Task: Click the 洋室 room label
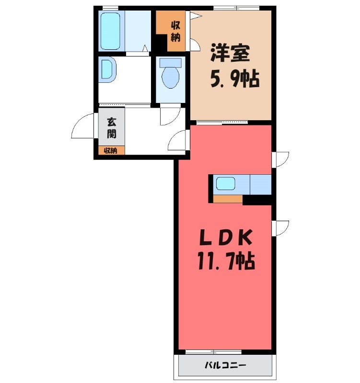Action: tap(230, 53)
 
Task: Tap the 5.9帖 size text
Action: tap(235, 79)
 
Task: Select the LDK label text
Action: tap(226, 238)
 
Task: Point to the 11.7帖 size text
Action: tap(226, 260)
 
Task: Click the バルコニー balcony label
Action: tap(225, 365)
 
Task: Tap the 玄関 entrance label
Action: tap(112, 128)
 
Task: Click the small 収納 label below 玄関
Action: tap(111, 151)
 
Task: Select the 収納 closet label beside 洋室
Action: tap(175, 31)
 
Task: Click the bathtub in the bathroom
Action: tap(110, 31)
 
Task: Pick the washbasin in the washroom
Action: tap(107, 69)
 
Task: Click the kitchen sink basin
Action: tap(225, 183)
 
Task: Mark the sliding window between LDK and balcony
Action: tap(213, 352)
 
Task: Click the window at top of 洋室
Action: tap(236, 8)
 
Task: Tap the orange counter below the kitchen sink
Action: tap(228, 199)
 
